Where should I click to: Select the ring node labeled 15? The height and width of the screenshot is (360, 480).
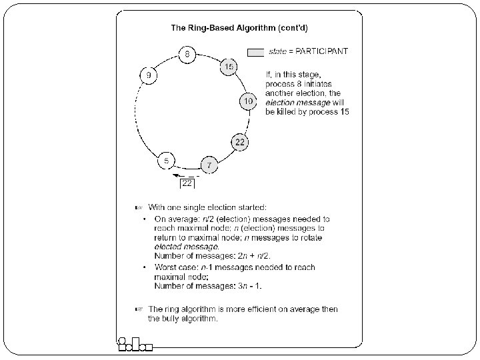tap(229, 67)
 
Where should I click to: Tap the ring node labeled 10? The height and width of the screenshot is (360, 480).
tap(247, 101)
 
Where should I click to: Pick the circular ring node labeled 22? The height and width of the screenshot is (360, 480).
tap(239, 141)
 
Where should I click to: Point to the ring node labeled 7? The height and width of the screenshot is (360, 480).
tap(209, 165)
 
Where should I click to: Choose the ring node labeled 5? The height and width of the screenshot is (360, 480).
tap(166, 161)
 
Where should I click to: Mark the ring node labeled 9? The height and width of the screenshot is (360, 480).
tap(148, 75)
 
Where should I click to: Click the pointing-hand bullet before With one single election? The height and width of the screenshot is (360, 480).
tap(138, 206)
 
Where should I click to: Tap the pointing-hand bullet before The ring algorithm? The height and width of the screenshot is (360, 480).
tap(138, 309)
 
